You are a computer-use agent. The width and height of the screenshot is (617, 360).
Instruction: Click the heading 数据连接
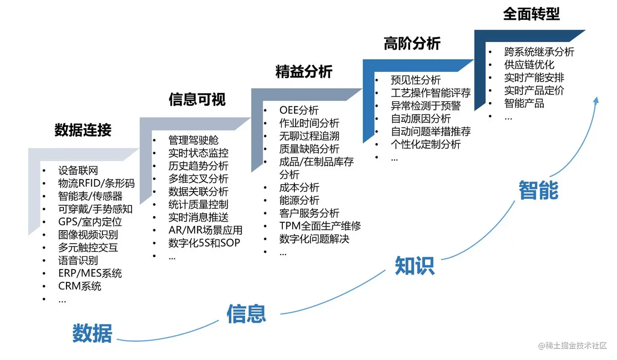coord(83,130)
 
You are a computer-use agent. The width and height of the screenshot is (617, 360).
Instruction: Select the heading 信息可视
coord(197,99)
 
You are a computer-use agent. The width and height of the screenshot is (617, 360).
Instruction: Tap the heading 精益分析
coord(304,72)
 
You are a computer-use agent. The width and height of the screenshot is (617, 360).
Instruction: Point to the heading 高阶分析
coord(412,43)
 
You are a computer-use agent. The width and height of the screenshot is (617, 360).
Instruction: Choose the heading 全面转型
coord(531,14)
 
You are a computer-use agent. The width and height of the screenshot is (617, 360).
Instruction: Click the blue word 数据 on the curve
coord(92,333)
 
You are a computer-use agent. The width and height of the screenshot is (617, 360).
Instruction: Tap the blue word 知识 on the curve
coord(414,266)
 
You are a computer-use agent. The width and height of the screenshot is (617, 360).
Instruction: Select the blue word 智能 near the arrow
coord(538,190)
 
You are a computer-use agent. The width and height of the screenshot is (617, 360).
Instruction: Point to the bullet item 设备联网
coord(78,171)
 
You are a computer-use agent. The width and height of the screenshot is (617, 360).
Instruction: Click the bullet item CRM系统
coord(80,286)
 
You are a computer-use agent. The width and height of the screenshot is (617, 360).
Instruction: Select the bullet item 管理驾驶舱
coord(193,140)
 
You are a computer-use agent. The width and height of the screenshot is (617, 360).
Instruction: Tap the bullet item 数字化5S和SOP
coord(204,243)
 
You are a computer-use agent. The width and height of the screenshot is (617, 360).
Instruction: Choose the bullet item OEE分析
coord(299,110)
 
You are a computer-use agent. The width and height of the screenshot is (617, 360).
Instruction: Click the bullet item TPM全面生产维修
coord(320,226)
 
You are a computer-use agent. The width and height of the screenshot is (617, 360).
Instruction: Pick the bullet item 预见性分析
coord(416,80)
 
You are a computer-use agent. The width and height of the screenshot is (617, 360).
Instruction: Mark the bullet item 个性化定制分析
coord(425,144)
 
